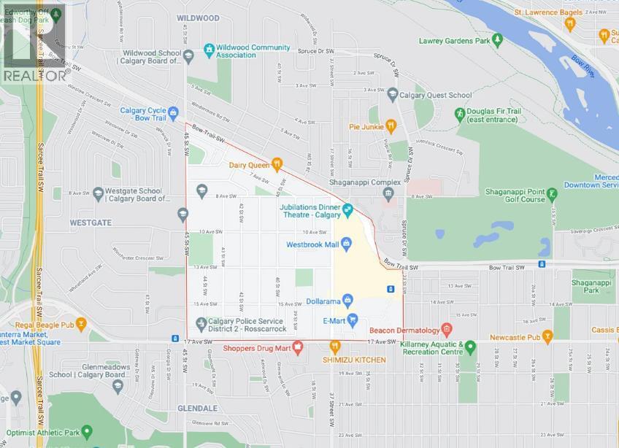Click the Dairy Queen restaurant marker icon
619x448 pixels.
point(277,164)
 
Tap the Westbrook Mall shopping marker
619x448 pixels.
point(347,244)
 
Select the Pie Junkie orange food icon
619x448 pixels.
point(391,125)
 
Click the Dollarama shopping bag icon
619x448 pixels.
point(348,299)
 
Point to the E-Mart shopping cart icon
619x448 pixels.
point(353,318)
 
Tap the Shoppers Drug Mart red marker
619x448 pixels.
point(297,347)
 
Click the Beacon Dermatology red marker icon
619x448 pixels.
point(447,331)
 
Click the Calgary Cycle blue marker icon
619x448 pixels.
point(173,114)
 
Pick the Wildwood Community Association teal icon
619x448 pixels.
point(209,49)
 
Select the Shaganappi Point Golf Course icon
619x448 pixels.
point(552,194)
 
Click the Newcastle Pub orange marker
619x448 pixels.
point(548,337)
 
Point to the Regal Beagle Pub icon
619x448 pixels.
point(80,323)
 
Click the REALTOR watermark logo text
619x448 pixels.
point(35,74)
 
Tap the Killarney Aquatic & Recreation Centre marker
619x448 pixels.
point(471,347)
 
